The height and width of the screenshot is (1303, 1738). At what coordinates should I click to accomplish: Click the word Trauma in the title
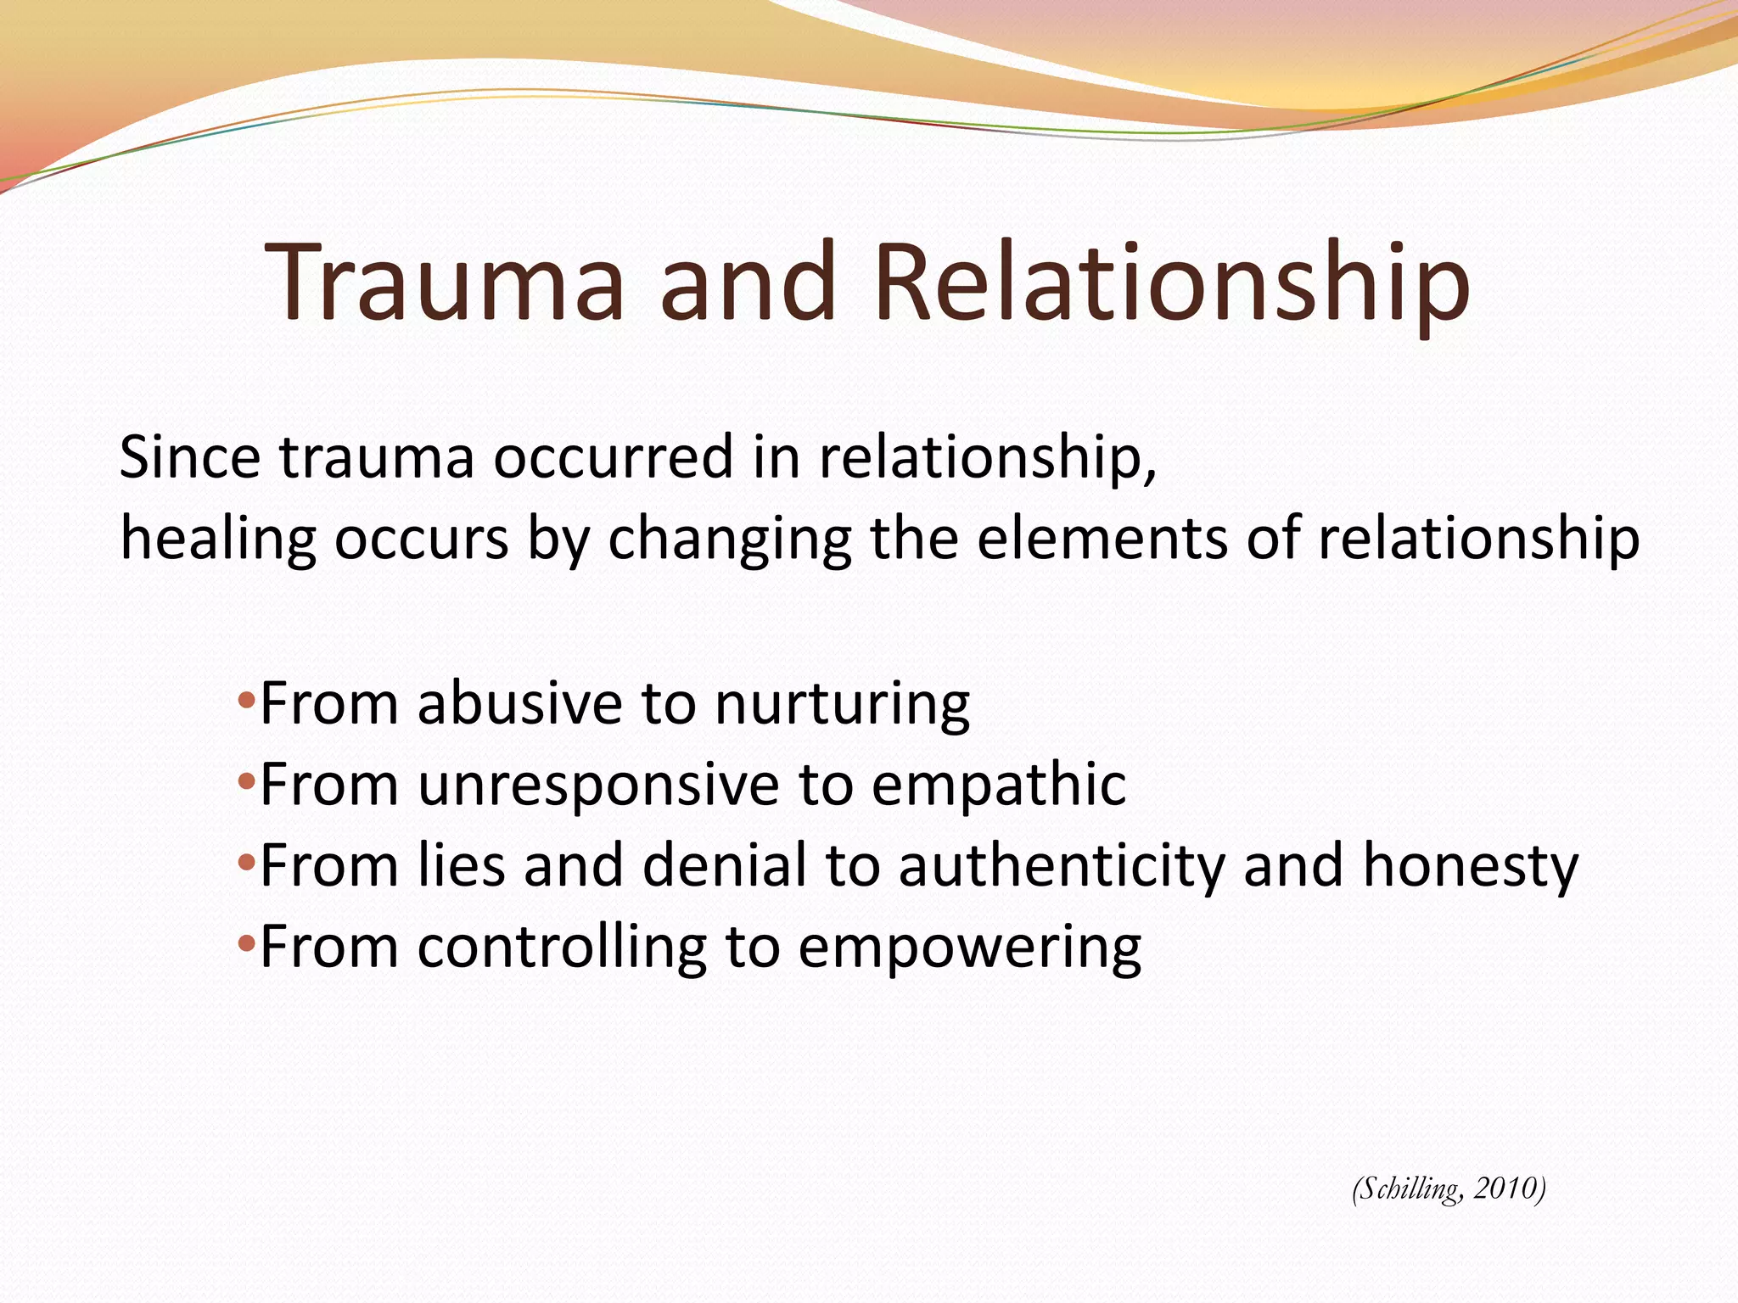click(446, 282)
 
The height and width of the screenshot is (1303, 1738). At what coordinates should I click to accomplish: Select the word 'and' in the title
click(748, 282)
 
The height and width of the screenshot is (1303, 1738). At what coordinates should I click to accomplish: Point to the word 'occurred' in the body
click(614, 457)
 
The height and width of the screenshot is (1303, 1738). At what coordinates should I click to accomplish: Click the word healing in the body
click(218, 540)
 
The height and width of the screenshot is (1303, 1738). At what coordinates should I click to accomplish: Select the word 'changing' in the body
click(730, 540)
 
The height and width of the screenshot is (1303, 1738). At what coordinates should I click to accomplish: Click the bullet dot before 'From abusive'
click(246, 702)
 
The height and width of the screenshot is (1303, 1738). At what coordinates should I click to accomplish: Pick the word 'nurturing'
click(842, 704)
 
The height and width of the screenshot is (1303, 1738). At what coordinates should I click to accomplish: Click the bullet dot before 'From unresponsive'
click(246, 782)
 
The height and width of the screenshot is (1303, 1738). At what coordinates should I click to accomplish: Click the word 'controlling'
click(562, 947)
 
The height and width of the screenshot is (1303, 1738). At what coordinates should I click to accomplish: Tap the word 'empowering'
click(969, 948)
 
